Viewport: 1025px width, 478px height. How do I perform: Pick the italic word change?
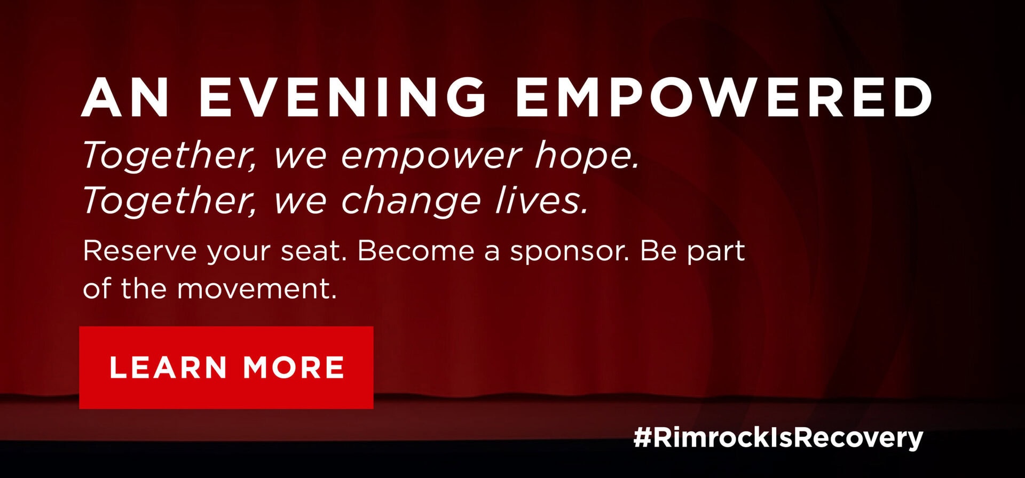(411, 201)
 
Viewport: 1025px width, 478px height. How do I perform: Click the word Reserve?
(140, 251)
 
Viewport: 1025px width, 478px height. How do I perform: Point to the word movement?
(257, 289)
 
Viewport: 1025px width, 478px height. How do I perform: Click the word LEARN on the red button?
(168, 368)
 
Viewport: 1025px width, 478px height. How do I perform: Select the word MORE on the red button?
(294, 368)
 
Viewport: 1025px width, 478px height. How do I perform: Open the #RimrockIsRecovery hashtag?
(778, 438)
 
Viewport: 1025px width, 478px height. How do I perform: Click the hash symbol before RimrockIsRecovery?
(642, 438)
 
